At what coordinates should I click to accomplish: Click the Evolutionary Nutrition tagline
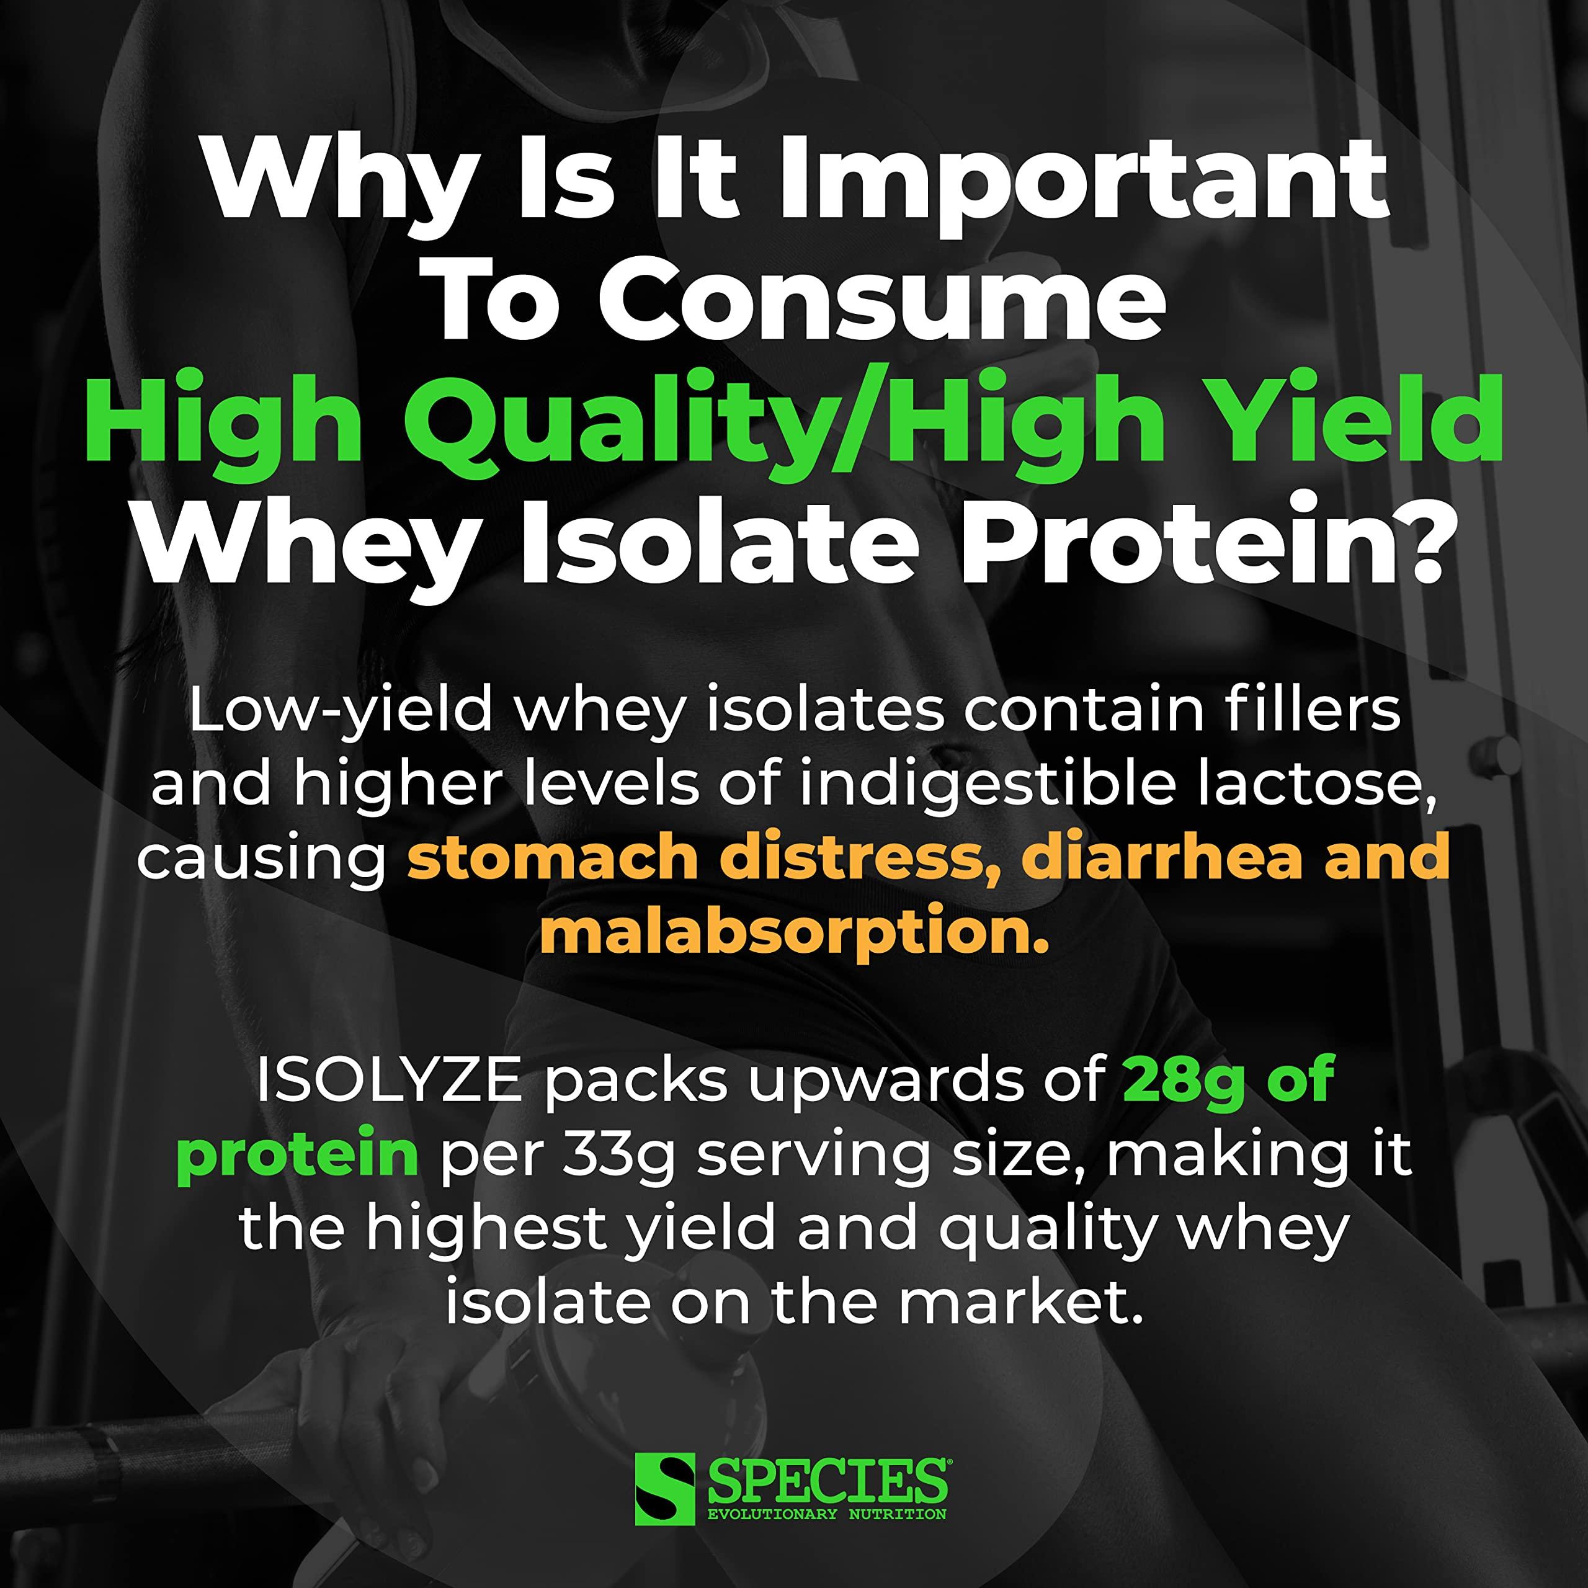pos(827,1513)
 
